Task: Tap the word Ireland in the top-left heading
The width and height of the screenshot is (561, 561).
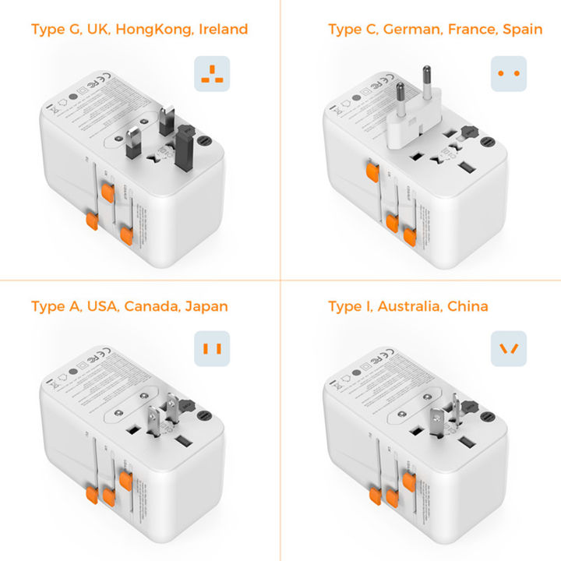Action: pyautogui.click(x=222, y=30)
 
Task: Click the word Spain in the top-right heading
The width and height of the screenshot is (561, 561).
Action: pyautogui.click(x=521, y=30)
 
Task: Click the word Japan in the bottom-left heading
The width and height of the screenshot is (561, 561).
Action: pyautogui.click(x=206, y=306)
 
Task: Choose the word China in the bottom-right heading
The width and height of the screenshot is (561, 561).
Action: pyautogui.click(x=468, y=306)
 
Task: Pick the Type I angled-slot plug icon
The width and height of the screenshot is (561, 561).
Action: pyautogui.click(x=509, y=348)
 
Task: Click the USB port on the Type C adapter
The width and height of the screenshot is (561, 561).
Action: pyautogui.click(x=465, y=168)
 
